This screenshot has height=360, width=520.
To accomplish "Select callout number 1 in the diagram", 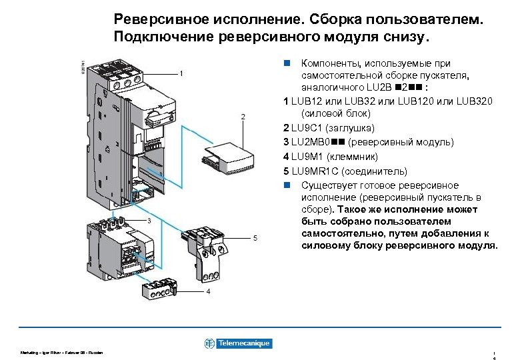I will (182, 73).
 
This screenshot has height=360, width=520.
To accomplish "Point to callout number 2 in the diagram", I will (243, 117).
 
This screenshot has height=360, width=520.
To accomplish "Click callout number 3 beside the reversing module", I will (149, 220).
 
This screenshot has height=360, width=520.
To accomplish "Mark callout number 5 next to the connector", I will (255, 238).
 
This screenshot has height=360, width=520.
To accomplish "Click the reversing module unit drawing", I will (117, 247).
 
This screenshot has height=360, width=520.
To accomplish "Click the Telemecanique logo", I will (238, 343).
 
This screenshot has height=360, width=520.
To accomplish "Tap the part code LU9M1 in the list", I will (307, 156).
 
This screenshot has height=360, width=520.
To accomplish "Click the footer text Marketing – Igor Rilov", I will (45, 352).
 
